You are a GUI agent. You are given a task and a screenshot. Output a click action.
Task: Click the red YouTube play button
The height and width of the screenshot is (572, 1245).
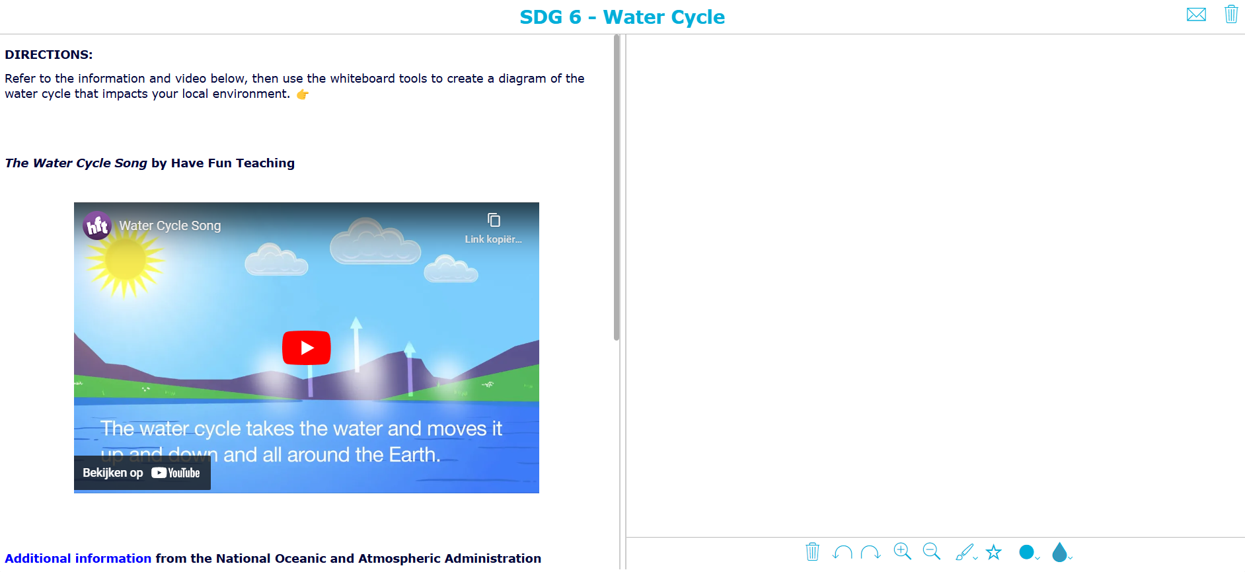[306, 348]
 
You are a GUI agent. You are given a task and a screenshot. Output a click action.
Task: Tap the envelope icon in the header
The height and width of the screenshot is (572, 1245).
[1196, 15]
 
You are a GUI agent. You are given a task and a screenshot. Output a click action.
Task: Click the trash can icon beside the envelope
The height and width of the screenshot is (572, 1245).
[1230, 14]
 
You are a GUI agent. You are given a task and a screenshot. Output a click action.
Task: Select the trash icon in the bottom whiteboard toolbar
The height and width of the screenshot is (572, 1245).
[812, 552]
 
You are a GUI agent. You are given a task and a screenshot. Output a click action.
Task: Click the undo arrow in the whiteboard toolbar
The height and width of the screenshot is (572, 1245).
[842, 552]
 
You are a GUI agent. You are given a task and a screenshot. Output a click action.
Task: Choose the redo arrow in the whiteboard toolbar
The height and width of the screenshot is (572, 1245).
[870, 552]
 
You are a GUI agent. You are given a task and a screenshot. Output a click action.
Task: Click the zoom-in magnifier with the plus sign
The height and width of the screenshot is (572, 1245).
[902, 552]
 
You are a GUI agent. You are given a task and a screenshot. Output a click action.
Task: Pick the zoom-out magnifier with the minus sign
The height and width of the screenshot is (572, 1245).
[931, 552]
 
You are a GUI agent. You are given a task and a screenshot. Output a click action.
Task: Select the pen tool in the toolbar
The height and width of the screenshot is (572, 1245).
[964, 552]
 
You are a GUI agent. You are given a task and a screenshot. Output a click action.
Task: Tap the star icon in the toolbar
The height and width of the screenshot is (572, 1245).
[994, 552]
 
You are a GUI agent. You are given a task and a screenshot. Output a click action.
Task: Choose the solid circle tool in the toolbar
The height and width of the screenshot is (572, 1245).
[1026, 552]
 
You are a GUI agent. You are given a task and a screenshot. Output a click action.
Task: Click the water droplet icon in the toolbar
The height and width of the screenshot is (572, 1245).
[1059, 552]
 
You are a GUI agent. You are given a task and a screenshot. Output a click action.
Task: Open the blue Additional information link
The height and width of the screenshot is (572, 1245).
[78, 559]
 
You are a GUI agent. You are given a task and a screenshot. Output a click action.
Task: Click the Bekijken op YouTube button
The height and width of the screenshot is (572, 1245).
[142, 473]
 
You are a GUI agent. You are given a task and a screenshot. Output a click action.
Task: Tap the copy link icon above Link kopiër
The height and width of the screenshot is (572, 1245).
[494, 220]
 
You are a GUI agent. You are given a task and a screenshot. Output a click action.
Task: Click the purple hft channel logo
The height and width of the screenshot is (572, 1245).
[97, 226]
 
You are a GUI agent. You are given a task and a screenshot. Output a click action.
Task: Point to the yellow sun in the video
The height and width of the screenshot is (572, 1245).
[125, 260]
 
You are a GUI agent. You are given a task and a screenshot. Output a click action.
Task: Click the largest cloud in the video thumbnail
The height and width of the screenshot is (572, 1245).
[375, 243]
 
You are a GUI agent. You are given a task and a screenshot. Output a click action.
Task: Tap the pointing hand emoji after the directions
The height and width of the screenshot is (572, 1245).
[303, 95]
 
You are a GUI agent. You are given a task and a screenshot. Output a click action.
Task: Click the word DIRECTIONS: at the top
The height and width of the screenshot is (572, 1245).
[49, 55]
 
